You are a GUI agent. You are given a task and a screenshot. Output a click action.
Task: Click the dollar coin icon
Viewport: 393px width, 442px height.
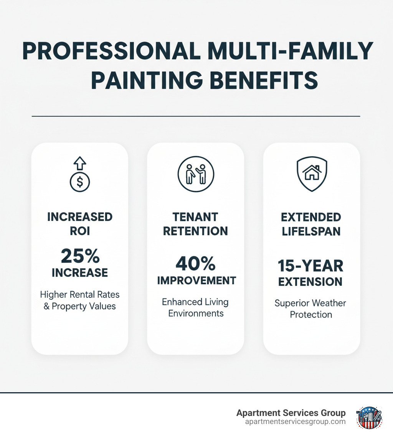[x=79, y=182]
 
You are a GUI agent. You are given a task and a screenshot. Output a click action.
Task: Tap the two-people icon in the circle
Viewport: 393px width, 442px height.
[x=196, y=175]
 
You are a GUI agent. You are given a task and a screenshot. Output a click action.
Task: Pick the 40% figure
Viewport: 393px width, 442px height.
[x=196, y=264]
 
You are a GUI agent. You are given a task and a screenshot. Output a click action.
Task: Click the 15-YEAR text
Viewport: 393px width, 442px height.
[x=311, y=265]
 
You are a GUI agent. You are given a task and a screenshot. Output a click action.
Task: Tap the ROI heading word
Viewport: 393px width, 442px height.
[x=79, y=231]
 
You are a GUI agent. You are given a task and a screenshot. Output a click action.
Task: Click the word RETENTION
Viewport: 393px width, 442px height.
[x=196, y=231]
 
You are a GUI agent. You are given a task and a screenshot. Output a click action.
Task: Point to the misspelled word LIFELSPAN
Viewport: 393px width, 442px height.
[x=311, y=232]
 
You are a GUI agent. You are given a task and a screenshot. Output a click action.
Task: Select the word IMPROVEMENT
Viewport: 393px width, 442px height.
[x=196, y=280]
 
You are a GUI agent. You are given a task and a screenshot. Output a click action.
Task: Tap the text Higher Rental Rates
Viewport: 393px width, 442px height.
[x=80, y=295]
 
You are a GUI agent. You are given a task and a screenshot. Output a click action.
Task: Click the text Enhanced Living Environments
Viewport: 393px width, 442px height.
[x=195, y=307]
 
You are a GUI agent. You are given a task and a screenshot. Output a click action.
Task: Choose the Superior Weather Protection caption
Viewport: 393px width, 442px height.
[x=311, y=309]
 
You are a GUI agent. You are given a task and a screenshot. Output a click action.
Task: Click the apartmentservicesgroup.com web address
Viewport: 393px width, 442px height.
[x=295, y=422]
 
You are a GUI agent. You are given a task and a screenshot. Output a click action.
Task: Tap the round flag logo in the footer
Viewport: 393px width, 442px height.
[x=369, y=417]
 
